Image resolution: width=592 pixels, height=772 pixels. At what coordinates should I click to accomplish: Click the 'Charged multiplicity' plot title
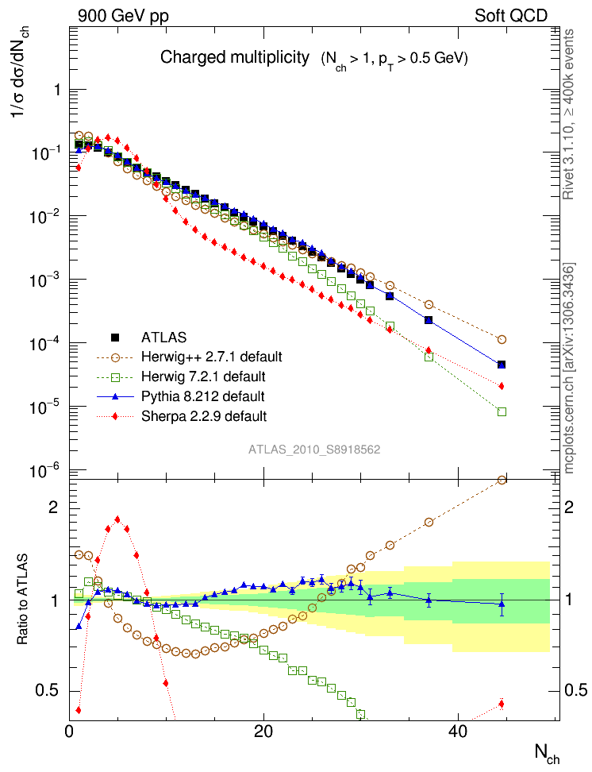(x=234, y=58)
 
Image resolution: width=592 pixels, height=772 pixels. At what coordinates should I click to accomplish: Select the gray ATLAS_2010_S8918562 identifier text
(x=314, y=450)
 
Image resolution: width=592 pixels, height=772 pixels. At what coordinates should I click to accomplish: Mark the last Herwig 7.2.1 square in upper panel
(x=502, y=411)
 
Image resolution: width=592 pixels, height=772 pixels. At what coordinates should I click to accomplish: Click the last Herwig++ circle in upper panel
(x=502, y=339)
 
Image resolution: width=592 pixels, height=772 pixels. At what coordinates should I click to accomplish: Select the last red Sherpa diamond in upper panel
(x=502, y=386)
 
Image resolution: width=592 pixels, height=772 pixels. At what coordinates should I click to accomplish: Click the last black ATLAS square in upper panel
(x=502, y=365)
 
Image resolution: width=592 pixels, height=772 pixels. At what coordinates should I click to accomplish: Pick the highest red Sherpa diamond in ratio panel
(x=117, y=519)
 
